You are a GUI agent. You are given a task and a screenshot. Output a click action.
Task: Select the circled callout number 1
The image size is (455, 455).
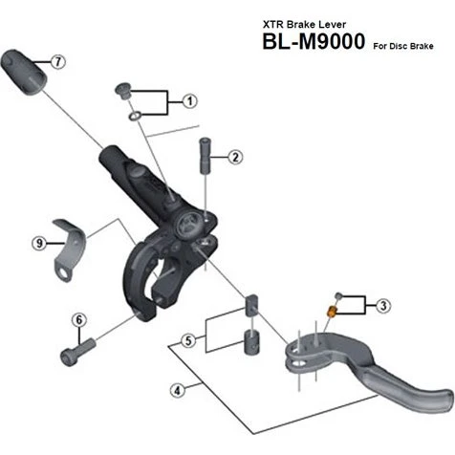click(189, 99)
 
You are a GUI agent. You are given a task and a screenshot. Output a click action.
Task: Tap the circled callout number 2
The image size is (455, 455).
click(235, 155)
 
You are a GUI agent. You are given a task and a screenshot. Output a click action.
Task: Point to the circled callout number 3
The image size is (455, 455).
click(383, 306)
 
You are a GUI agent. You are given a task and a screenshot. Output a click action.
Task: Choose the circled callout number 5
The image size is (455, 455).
click(190, 339)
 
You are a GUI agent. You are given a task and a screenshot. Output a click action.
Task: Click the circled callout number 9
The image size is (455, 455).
click(40, 243)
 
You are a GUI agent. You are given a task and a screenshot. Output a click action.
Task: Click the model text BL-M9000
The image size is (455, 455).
click(310, 44)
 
